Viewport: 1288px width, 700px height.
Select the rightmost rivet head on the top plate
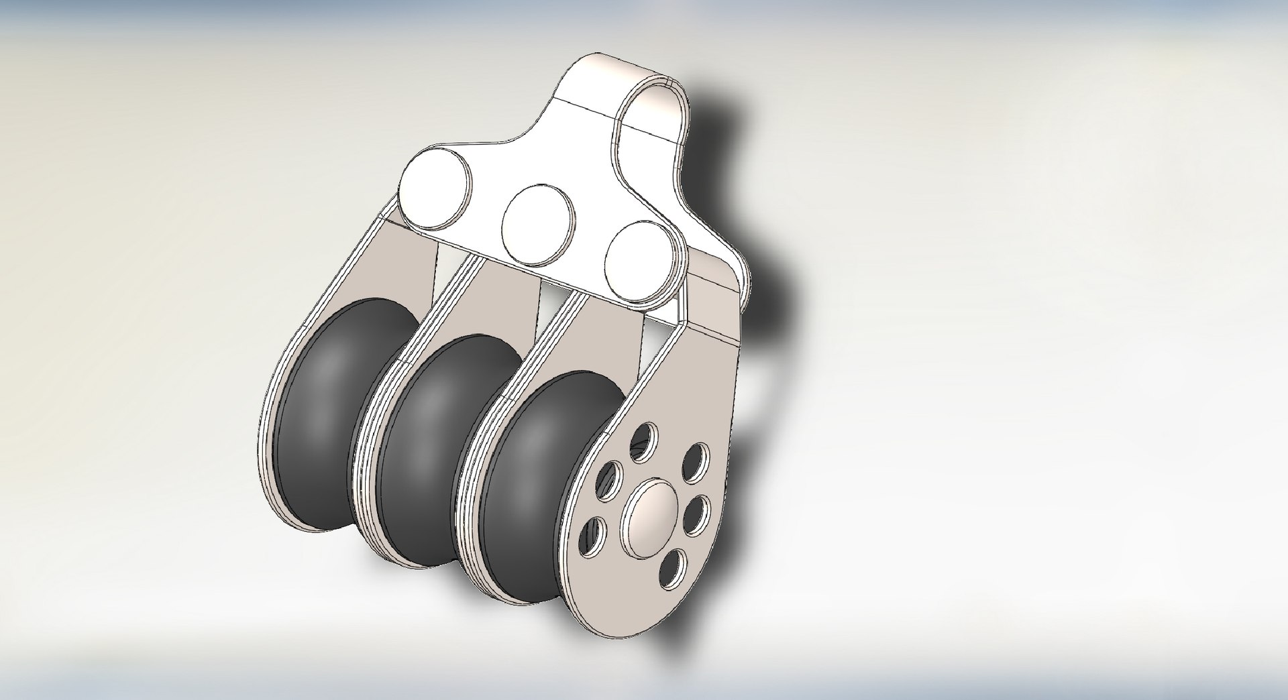tap(641, 264)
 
